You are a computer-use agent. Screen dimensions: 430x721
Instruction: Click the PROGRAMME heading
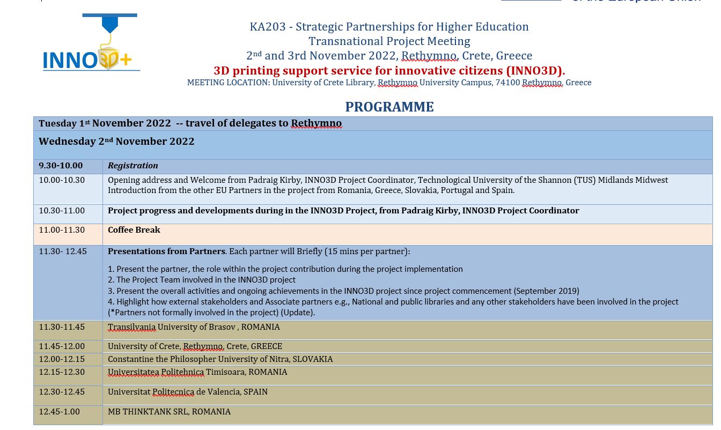(389, 107)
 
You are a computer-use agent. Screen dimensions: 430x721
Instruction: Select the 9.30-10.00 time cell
(61, 166)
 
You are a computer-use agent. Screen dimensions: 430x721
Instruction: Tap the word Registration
(133, 166)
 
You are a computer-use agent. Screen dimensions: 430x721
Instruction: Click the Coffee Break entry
(134, 230)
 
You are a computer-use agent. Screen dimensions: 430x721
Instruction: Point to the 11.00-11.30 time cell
(62, 230)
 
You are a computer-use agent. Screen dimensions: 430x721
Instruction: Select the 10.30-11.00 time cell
(62, 211)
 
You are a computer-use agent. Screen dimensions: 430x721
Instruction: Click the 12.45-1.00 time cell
(59, 412)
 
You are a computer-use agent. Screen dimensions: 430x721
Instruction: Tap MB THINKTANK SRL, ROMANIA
(169, 412)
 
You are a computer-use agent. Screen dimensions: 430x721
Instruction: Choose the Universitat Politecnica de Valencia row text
(188, 392)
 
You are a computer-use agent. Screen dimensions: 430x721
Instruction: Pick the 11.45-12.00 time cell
(62, 346)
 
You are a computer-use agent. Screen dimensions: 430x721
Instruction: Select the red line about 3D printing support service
(389, 71)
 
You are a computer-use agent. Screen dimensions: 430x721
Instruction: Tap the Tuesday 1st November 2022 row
(190, 123)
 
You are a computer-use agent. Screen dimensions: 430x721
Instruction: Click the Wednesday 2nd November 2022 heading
(116, 142)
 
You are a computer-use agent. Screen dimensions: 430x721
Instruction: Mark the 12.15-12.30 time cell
(62, 372)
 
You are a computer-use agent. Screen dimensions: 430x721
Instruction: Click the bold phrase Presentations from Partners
(166, 251)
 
